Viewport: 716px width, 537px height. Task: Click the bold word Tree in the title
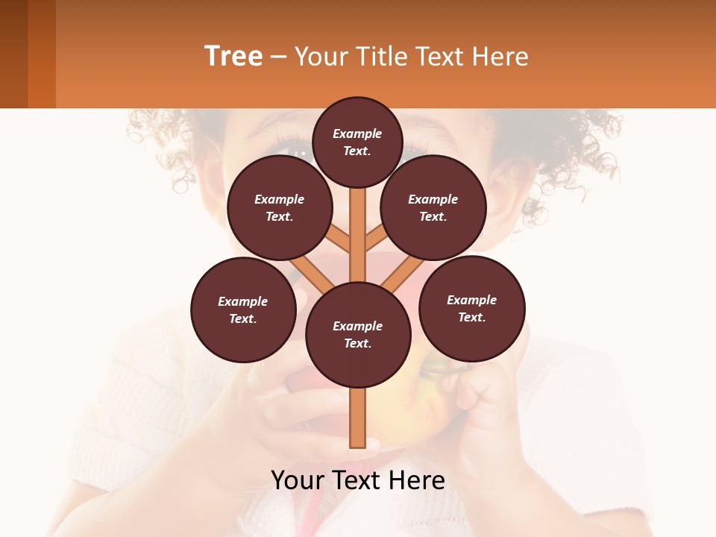(233, 56)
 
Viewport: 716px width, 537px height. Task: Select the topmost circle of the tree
(357, 142)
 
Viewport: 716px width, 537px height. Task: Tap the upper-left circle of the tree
(279, 207)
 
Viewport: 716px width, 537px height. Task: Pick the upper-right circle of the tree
(433, 207)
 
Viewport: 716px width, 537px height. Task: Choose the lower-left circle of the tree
(243, 310)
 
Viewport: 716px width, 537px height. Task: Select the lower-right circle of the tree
(471, 308)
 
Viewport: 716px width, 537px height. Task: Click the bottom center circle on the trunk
(358, 334)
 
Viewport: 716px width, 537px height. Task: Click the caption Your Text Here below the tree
(358, 480)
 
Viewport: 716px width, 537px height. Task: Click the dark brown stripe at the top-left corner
(13, 54)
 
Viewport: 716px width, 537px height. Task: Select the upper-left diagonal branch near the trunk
(339, 240)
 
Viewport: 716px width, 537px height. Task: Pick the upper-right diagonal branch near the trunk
(377, 240)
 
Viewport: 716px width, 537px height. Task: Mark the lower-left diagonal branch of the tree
(312, 274)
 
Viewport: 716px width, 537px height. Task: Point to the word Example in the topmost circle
(357, 134)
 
